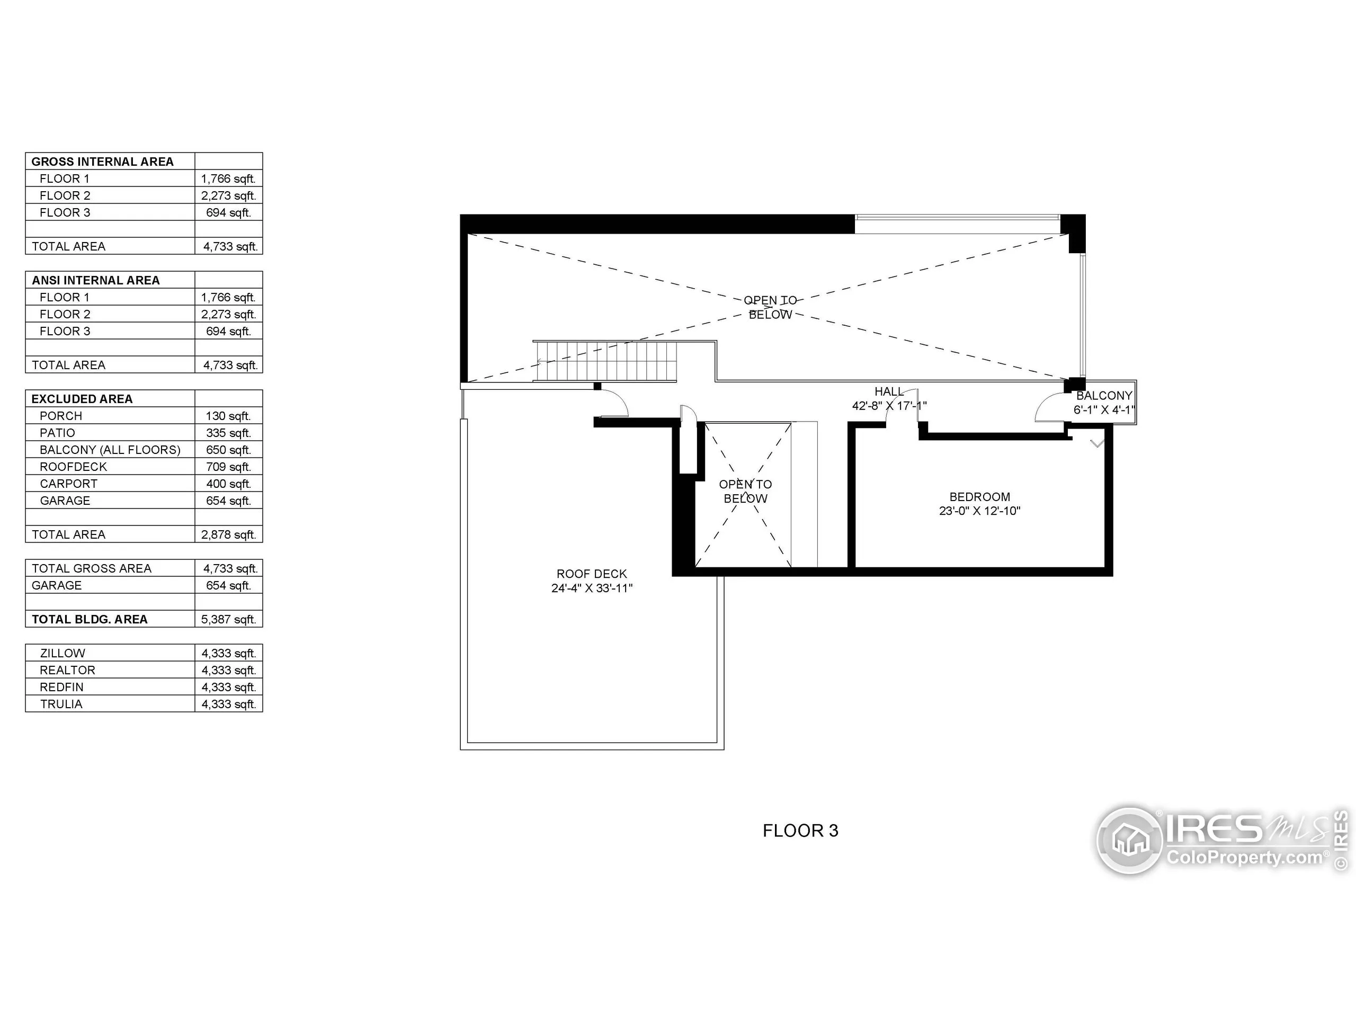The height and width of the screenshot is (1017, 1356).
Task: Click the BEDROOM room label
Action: click(x=979, y=496)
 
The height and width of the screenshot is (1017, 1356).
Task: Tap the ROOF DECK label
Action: click(x=591, y=574)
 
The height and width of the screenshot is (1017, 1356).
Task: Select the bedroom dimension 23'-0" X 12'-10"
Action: click(x=979, y=511)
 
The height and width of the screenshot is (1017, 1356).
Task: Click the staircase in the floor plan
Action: click(x=605, y=362)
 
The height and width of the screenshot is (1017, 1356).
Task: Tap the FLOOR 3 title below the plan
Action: click(x=800, y=831)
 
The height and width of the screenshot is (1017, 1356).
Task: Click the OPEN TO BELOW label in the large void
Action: click(x=770, y=307)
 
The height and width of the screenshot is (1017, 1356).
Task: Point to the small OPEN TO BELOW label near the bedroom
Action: click(x=745, y=491)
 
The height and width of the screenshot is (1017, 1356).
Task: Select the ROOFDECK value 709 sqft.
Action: click(x=228, y=467)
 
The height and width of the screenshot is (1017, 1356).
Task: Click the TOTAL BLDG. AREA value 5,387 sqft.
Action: click(x=228, y=619)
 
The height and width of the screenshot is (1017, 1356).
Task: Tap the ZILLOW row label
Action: click(x=62, y=654)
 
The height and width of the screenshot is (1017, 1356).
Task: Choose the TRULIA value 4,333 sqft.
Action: click(x=228, y=704)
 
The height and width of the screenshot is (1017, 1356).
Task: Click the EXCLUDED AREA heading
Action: click(x=82, y=399)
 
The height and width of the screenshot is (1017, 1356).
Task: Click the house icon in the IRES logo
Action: click(x=1129, y=840)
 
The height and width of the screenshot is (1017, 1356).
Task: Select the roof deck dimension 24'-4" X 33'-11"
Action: click(x=591, y=588)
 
